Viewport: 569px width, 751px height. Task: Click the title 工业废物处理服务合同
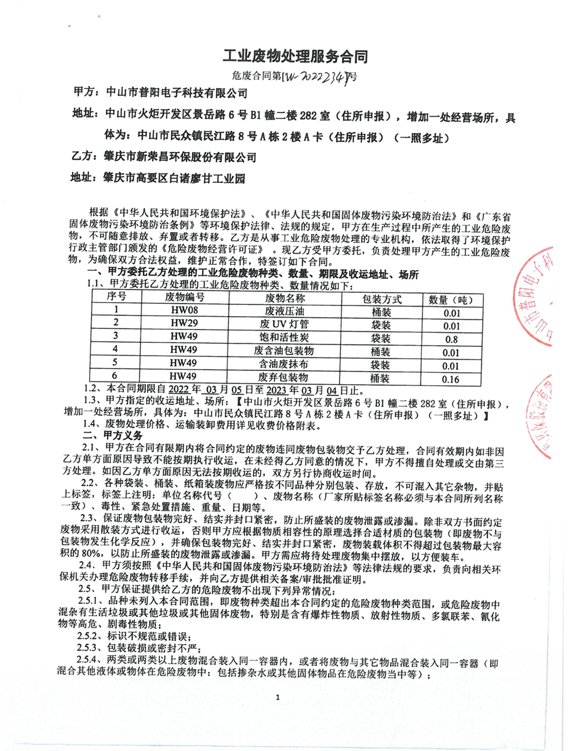click(295, 56)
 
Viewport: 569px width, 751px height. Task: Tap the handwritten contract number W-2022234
click(317, 76)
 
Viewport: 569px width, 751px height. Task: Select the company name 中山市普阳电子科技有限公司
click(177, 93)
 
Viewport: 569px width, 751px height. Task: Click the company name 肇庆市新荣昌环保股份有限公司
click(179, 157)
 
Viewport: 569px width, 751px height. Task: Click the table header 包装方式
click(382, 299)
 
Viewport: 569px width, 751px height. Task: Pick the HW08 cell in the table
click(184, 310)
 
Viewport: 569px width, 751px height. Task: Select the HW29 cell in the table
click(184, 323)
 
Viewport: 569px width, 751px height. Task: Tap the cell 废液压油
click(284, 311)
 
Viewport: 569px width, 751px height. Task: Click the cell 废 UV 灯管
click(284, 324)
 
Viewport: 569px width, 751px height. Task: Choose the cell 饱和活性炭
click(284, 337)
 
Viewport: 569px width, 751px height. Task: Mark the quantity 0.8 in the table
click(451, 339)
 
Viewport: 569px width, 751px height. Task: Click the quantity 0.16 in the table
click(451, 379)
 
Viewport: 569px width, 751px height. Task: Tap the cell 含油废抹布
click(284, 364)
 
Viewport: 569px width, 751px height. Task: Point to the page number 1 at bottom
click(278, 697)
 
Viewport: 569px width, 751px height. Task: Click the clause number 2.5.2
click(89, 636)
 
